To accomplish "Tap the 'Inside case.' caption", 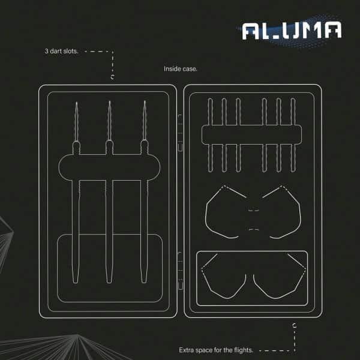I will (181, 69).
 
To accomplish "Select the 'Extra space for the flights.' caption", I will (216, 350).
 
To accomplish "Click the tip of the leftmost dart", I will (77, 104).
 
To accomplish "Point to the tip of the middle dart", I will (110, 103).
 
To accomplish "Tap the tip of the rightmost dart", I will (144, 103).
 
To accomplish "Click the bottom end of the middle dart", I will (110, 281).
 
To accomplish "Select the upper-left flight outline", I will (225, 211).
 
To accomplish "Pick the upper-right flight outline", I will (279, 211).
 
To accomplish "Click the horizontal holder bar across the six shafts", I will (251, 135).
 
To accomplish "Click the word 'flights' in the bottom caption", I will (242, 350).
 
